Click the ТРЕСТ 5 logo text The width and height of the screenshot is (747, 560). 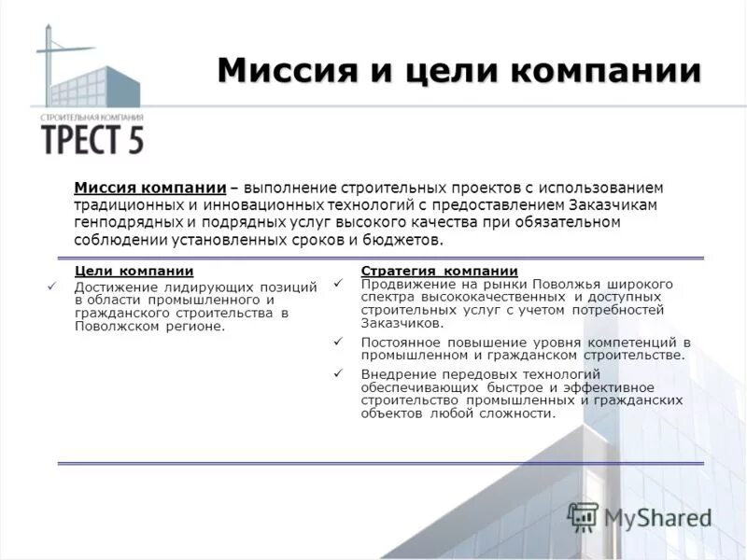point(92,139)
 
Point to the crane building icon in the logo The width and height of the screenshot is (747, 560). point(84,70)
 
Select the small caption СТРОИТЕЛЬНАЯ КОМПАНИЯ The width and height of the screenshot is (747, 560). point(92,118)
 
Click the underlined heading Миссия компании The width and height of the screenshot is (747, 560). point(150,188)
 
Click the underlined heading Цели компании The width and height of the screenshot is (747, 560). point(134,271)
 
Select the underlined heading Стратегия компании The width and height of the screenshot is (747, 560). point(439,271)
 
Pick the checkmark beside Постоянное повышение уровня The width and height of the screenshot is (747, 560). point(338,342)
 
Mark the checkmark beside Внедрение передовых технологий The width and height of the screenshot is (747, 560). point(338,374)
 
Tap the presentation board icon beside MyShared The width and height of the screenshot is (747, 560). point(583,516)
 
